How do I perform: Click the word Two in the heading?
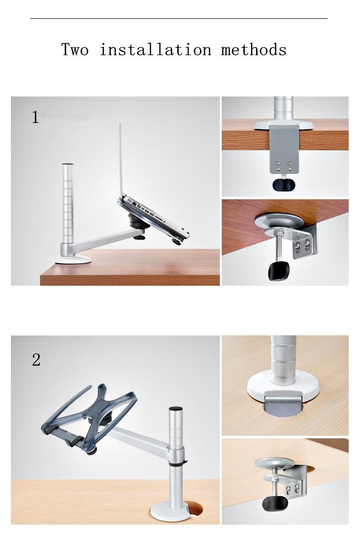point(75,49)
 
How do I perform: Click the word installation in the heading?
point(155,49)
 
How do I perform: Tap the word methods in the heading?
point(254,49)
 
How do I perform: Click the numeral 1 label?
point(36,117)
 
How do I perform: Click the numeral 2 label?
point(36,360)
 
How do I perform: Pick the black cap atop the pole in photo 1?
point(67,164)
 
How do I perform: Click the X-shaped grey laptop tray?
point(89,416)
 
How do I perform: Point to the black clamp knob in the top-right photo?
point(284,184)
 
